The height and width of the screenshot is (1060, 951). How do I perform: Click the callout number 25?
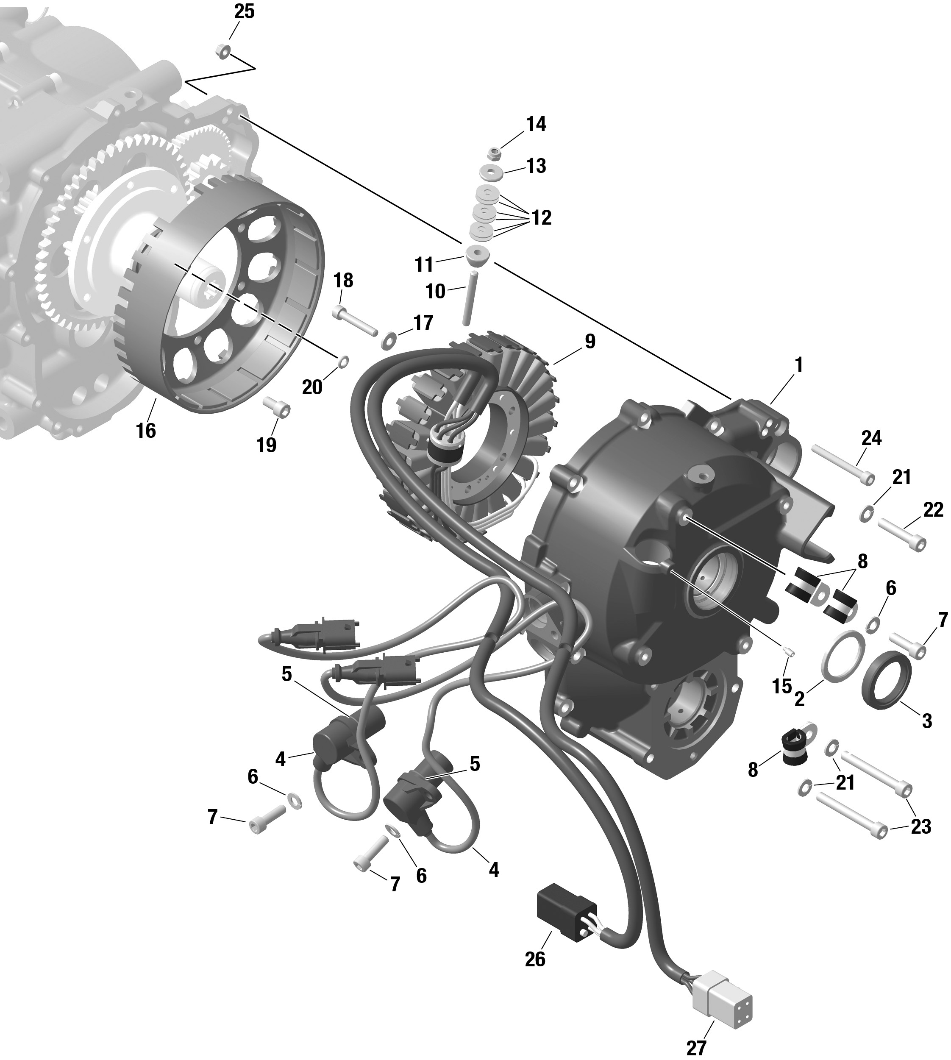244,11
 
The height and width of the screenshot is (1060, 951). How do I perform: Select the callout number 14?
536,125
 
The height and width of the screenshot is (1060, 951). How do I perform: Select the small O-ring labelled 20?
343,361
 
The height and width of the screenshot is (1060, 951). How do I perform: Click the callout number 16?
146,431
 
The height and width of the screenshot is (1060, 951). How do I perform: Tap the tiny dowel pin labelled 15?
790,651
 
